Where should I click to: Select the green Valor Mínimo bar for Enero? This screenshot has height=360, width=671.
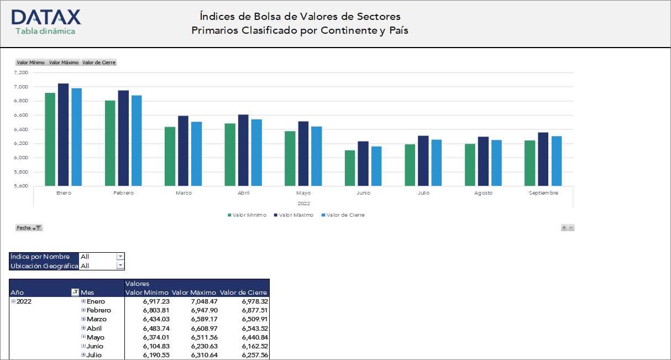[x=50, y=139]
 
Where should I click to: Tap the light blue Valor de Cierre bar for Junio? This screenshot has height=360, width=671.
[x=376, y=166]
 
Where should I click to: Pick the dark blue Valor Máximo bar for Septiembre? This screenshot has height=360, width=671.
[x=543, y=159]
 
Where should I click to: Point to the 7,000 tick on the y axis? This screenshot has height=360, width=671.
[x=21, y=87]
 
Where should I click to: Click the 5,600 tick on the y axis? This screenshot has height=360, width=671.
[x=21, y=186]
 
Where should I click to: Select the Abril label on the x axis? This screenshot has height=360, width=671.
[x=244, y=193]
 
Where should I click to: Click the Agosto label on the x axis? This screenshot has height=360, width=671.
[x=483, y=193]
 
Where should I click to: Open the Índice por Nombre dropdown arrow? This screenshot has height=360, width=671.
[x=120, y=257]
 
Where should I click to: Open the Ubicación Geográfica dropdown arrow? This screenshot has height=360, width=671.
[x=120, y=265]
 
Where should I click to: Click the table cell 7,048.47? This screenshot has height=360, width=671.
[x=204, y=301]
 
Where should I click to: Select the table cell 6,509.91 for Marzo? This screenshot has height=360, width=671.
[x=254, y=319]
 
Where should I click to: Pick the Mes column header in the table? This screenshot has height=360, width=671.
[x=87, y=293]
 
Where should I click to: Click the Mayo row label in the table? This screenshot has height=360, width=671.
[x=95, y=337]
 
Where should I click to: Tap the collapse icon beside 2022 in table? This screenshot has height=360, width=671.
[x=13, y=301]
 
